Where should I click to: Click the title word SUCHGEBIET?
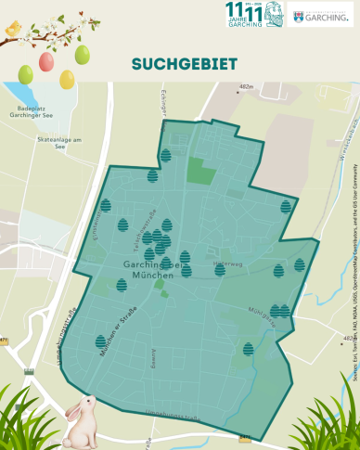coord(184,64)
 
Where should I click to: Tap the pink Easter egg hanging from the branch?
coord(46,61)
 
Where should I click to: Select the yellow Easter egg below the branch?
coord(67,80)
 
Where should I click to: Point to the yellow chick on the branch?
coord(13,32)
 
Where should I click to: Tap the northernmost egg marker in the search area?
coord(165,155)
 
